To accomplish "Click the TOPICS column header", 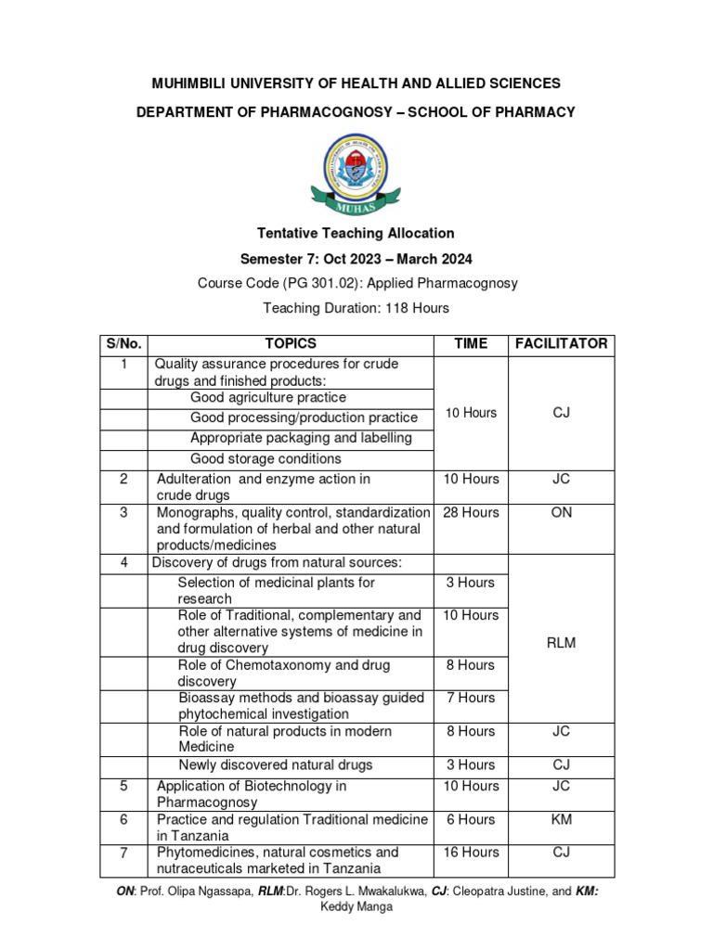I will point(291,343).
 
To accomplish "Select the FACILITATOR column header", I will point(561,343).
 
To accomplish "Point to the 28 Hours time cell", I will point(471,512).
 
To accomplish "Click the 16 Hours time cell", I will point(471,852).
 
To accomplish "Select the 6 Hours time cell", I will point(471,819).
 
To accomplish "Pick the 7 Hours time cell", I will point(471,698).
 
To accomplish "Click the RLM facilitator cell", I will point(561,643).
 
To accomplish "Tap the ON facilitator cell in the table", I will point(561,512).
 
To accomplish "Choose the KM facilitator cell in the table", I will point(561,819).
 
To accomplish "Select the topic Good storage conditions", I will point(266,458).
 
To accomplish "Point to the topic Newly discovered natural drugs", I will point(275,764).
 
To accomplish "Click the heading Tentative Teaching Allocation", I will point(356,233).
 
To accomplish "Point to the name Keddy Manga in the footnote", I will point(356,906).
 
